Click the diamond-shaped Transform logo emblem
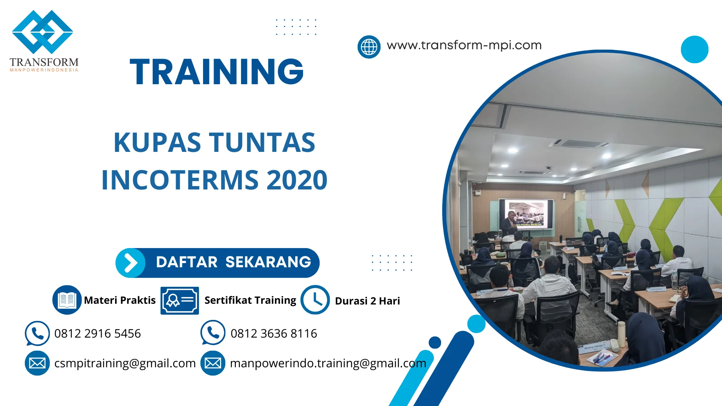click(42, 32)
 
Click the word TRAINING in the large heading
click(217, 72)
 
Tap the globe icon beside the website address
click(369, 47)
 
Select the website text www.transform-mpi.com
click(464, 45)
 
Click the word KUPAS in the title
click(157, 143)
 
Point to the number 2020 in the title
click(297, 180)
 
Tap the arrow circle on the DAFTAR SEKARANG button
click(130, 263)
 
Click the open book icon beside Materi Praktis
click(67, 300)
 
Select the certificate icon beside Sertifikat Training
click(179, 300)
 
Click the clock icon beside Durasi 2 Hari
click(315, 300)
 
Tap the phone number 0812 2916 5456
click(97, 333)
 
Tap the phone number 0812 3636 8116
click(273, 333)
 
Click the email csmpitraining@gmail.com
click(125, 363)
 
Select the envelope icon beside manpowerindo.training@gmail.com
click(213, 363)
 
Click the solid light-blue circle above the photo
click(694, 49)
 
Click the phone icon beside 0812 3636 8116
click(213, 333)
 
